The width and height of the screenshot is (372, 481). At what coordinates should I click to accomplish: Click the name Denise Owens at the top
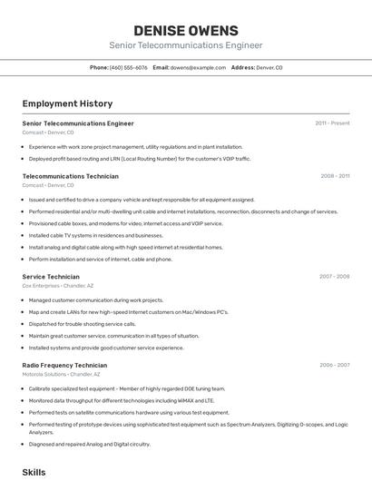click(185, 31)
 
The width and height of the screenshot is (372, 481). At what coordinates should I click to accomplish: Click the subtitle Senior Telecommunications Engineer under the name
click(185, 45)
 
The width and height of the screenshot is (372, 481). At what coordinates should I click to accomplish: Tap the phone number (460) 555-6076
click(129, 67)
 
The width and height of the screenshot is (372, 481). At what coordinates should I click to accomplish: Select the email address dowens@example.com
click(199, 67)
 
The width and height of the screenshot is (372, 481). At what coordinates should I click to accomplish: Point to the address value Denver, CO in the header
click(269, 67)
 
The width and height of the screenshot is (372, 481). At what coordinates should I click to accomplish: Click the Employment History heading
click(67, 104)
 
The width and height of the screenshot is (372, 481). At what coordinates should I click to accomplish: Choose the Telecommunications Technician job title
click(70, 176)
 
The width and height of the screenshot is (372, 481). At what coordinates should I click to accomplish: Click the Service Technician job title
click(51, 276)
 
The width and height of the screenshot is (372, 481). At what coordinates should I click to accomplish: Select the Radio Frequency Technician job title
click(64, 365)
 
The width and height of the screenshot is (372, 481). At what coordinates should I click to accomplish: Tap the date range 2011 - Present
click(332, 123)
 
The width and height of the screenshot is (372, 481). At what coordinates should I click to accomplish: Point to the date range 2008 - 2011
click(335, 176)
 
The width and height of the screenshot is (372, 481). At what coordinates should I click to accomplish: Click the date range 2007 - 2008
click(334, 276)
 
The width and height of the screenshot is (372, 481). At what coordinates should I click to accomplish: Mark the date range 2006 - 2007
click(334, 365)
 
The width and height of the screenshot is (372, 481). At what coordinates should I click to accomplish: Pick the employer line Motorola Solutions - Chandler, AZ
click(61, 374)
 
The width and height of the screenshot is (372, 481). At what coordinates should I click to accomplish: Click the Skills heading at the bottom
click(34, 473)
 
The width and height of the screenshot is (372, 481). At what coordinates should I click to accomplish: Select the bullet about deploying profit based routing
click(139, 159)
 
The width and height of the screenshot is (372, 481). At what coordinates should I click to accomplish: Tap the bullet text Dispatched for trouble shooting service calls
click(82, 324)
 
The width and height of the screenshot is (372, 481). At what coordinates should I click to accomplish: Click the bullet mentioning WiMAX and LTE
click(122, 400)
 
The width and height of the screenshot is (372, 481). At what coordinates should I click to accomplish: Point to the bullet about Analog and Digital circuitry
click(89, 445)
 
